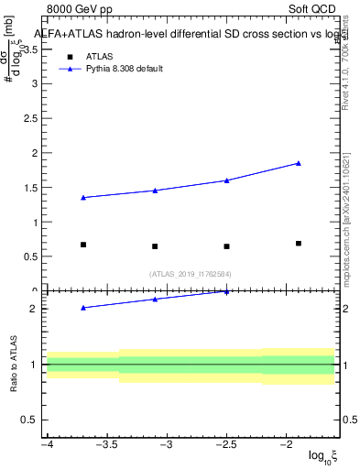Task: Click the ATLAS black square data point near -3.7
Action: coord(83,245)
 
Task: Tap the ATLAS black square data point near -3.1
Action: coord(155,246)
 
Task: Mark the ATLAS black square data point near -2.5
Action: coord(226,246)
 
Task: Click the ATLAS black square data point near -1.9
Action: coord(299,244)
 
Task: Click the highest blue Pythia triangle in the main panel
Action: coord(299,163)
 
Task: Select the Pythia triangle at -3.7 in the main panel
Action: coord(83,197)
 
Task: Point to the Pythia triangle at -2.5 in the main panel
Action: coord(226,180)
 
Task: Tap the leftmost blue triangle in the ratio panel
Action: coord(83,308)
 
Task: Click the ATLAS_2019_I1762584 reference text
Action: coord(191,274)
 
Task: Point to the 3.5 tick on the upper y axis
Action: coord(34,49)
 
